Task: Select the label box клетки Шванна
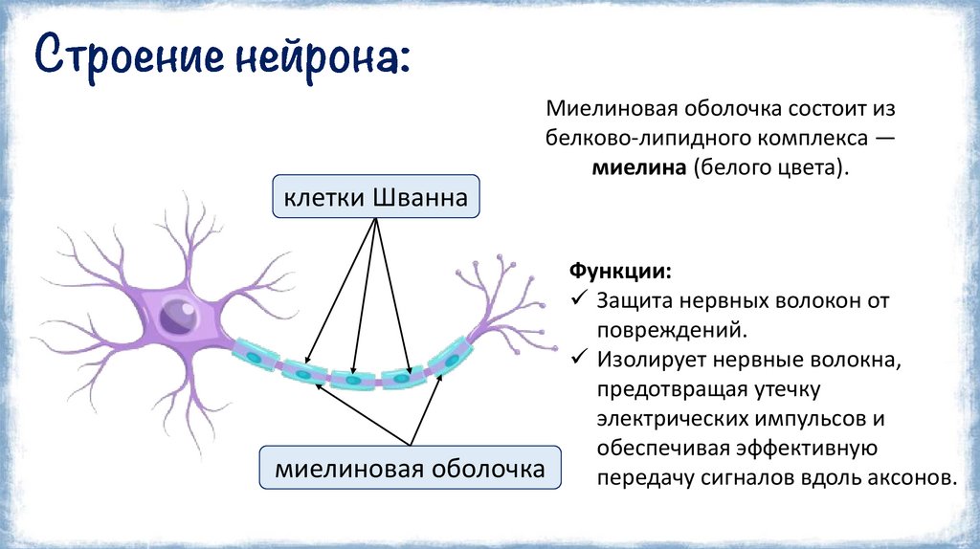tap(375, 199)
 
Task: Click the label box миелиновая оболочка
tap(410, 469)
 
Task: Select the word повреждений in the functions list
tap(670, 330)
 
